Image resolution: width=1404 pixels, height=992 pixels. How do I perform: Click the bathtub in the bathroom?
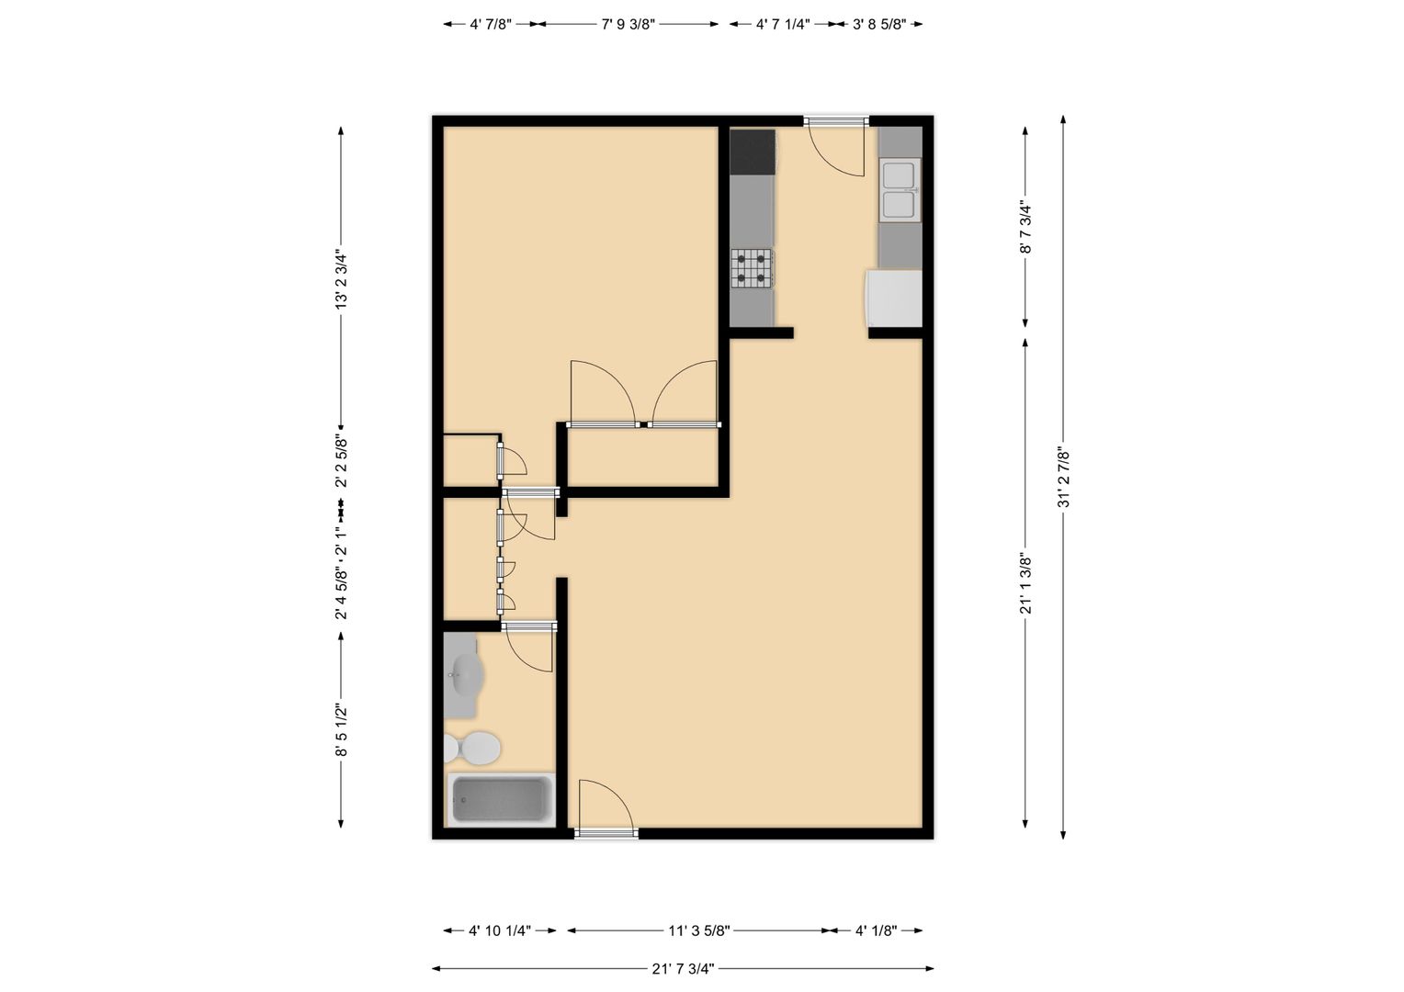point(500,799)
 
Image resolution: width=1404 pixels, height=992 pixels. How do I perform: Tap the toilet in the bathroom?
point(472,749)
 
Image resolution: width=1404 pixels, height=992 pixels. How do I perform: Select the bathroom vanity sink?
point(464,675)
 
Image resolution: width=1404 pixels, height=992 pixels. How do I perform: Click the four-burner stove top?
point(753,268)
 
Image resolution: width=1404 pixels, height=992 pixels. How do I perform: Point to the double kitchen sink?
point(900,190)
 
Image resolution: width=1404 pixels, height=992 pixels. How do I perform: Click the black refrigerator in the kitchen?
point(753,152)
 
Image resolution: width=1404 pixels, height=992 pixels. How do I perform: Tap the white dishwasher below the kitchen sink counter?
point(893,299)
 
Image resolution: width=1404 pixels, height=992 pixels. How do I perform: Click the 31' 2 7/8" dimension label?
point(1063,477)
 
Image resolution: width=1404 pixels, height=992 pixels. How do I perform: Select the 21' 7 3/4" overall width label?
point(683,968)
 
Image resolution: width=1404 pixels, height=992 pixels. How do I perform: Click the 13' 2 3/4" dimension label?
point(341,279)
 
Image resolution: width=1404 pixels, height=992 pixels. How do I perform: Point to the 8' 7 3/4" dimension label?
point(1025,227)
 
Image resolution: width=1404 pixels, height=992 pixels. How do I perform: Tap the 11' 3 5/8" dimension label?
point(699,930)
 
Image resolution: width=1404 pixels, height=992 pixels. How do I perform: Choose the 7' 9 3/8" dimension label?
point(628,25)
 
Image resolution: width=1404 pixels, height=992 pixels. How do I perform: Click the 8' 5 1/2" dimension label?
point(341,729)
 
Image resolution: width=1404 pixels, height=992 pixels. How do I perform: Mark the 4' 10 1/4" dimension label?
point(500,930)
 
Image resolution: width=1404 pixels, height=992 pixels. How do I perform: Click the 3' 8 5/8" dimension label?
point(878,25)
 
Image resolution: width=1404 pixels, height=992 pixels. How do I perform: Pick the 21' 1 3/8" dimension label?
point(1025,582)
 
